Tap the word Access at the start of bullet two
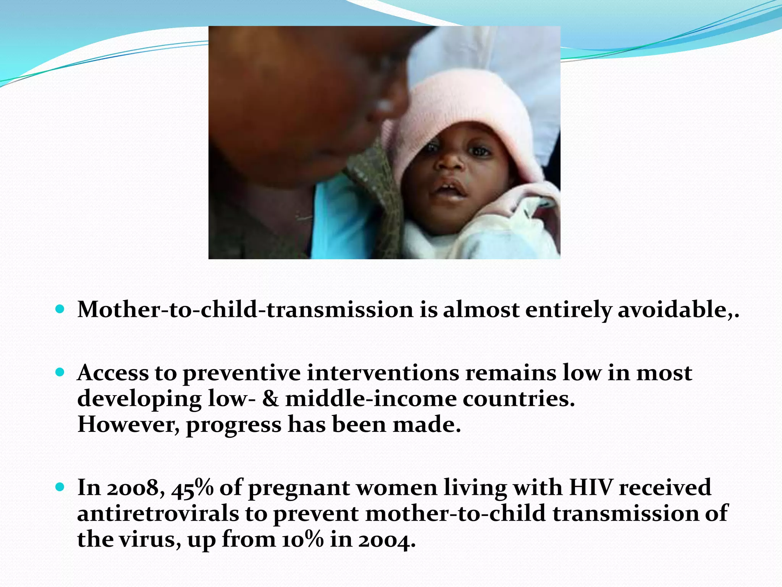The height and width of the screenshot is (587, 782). coord(113,373)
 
